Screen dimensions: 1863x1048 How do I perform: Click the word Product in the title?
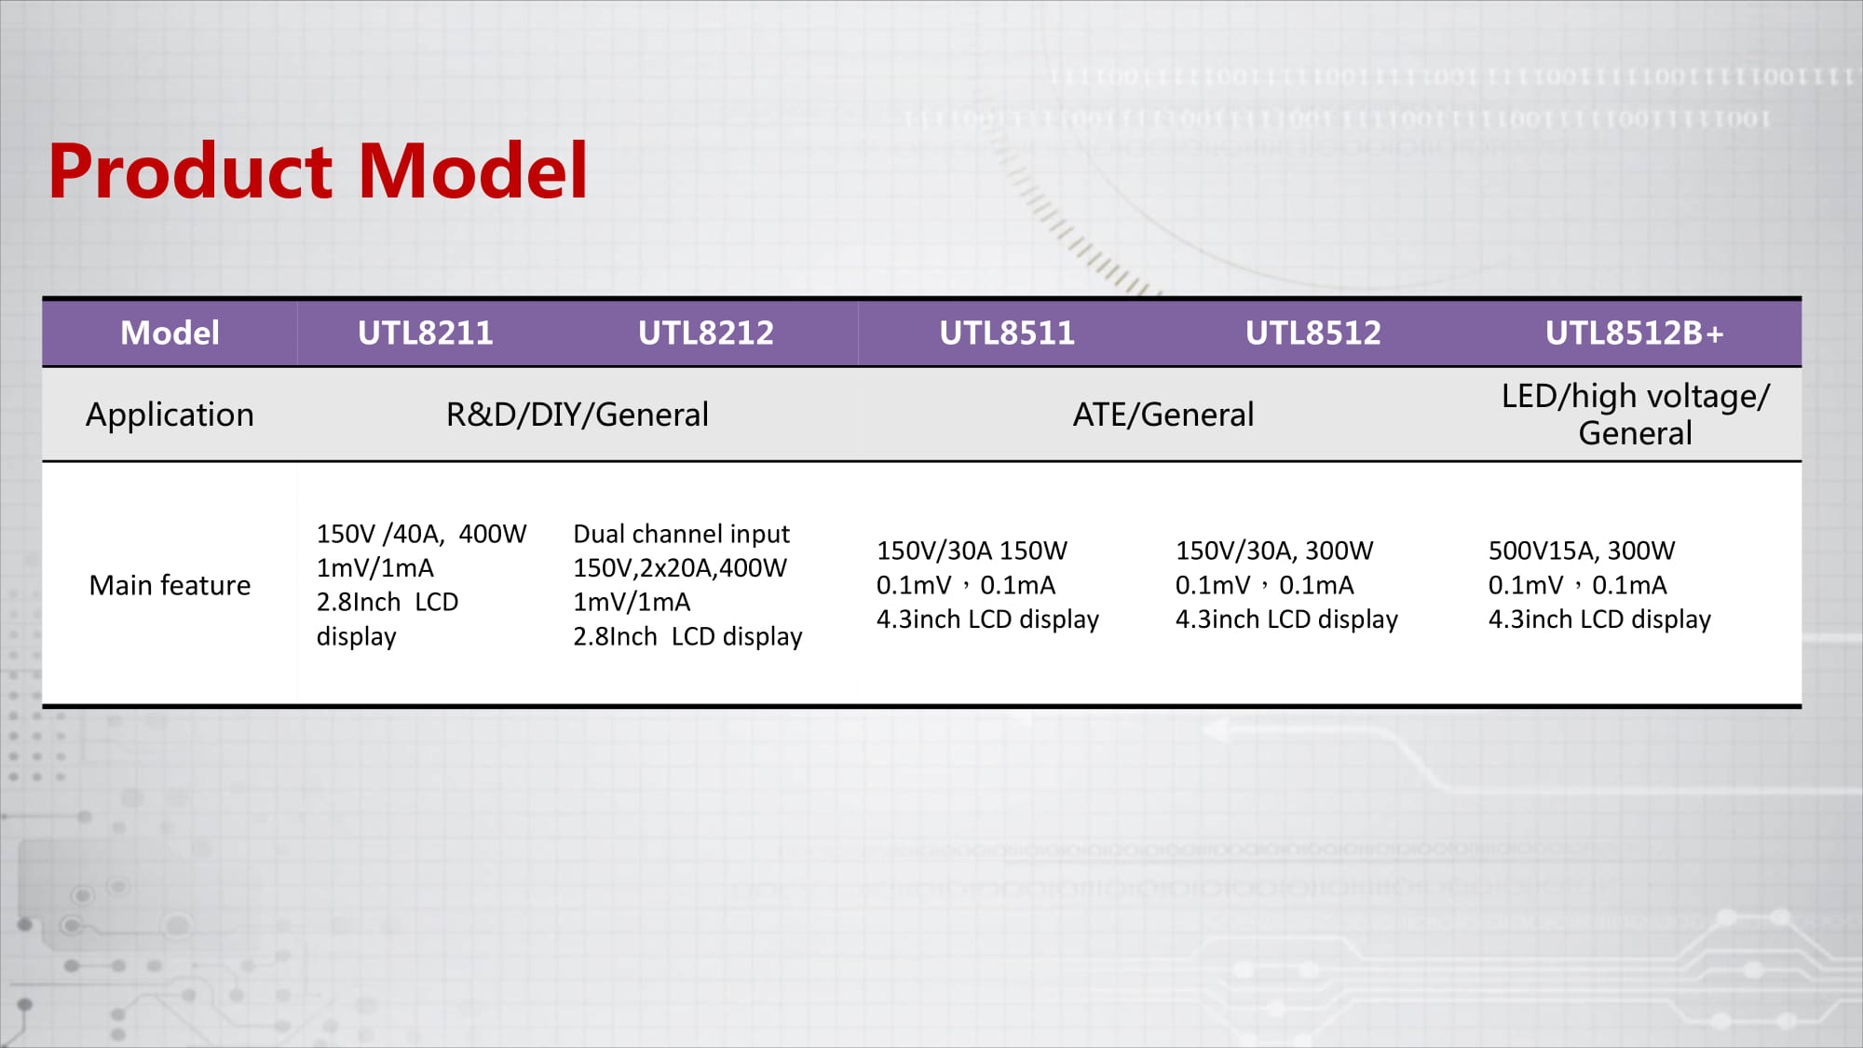point(190,171)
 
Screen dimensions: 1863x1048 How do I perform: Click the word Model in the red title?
point(472,171)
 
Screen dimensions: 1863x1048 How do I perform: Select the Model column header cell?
point(170,333)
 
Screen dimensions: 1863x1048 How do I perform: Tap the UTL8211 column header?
point(426,333)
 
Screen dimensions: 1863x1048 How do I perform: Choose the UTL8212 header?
point(706,333)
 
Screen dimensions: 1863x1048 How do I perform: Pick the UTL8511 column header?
point(1007,333)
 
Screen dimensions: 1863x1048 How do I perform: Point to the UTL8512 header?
point(1313,333)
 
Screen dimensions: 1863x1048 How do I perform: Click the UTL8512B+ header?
point(1635,333)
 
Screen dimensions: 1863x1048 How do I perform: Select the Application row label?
point(170,415)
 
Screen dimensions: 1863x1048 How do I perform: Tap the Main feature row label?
point(170,585)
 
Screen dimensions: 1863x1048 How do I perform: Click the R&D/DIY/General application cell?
point(578,415)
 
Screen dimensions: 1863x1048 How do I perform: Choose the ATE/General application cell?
point(1163,415)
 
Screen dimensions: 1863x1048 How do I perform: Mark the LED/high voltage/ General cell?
point(1636,415)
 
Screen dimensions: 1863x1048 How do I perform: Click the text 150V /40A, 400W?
point(421,534)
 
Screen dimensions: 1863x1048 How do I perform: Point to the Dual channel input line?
point(681,534)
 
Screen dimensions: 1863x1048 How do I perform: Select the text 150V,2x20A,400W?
point(680,568)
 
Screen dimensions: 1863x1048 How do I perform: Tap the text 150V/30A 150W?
point(972,551)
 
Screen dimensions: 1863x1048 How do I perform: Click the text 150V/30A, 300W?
point(1274,551)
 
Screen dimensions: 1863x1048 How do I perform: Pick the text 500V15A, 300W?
point(1582,551)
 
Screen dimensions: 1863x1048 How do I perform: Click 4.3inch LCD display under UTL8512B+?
point(1599,619)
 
